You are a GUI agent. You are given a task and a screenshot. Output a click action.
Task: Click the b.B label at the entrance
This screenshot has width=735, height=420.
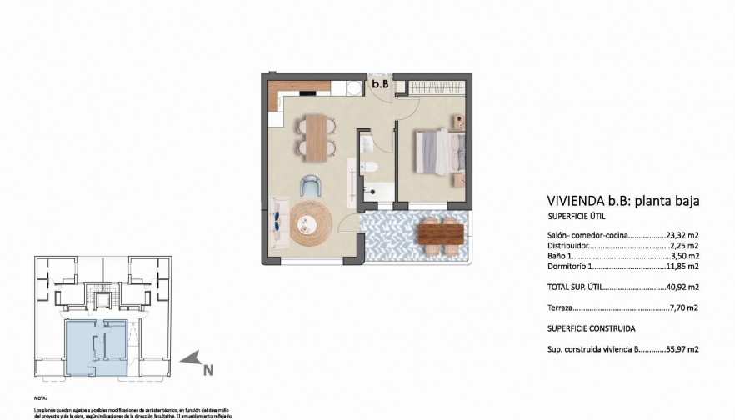380,84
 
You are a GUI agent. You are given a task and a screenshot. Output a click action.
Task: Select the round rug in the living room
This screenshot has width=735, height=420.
311,222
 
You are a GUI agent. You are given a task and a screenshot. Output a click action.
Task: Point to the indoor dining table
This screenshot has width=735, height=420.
315,136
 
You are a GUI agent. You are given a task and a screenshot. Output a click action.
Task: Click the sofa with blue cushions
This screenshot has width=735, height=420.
277,222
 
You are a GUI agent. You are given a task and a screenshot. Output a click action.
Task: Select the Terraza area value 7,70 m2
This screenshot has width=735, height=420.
682,307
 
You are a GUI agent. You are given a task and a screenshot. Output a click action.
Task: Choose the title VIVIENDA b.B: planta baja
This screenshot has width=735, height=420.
622,201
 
